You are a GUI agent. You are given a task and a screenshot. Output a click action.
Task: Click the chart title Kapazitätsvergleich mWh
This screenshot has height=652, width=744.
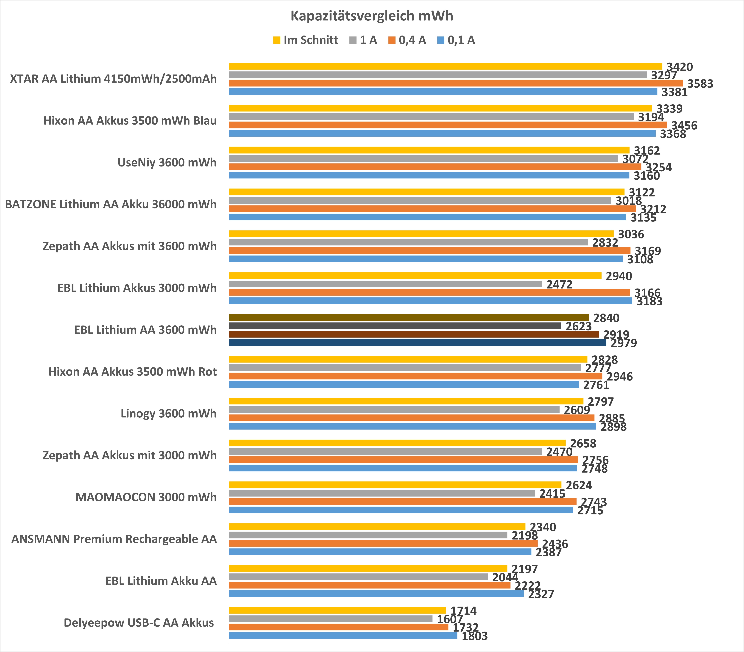point(372,16)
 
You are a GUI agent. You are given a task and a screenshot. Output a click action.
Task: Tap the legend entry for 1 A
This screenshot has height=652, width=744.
point(363,40)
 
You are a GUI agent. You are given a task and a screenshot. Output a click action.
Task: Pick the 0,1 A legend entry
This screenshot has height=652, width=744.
point(456,40)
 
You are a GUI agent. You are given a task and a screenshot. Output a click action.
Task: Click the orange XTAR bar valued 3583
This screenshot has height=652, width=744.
point(455,83)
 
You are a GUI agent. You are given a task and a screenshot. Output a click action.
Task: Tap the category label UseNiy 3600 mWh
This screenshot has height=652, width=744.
point(167,162)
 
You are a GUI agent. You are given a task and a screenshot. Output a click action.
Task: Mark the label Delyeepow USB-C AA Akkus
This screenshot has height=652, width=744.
point(139,623)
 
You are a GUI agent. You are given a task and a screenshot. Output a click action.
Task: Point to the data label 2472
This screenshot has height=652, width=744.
point(559,285)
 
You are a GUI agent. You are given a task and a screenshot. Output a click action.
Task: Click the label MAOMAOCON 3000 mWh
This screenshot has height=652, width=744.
point(146,497)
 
